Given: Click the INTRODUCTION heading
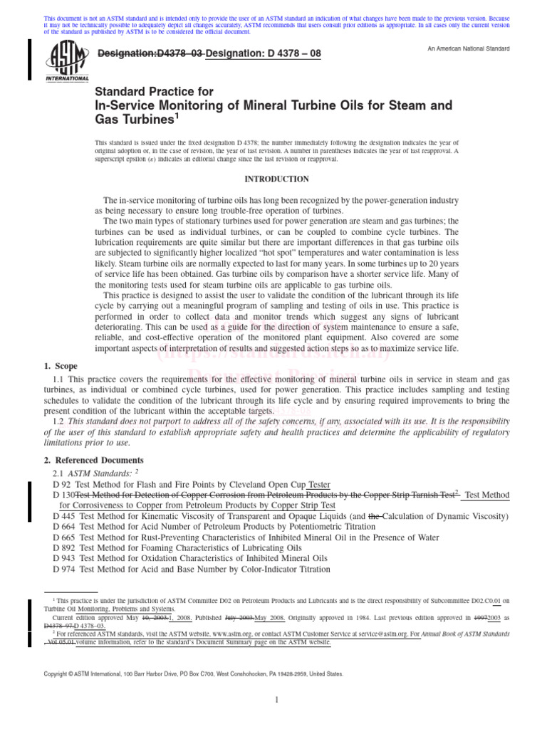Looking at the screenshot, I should [277, 179].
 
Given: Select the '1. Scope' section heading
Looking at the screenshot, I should [61, 366].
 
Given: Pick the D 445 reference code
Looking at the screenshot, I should [65, 515].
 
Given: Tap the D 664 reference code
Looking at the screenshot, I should [65, 526].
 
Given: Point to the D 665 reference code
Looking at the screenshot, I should [65, 537].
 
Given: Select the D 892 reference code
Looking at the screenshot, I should [65, 548].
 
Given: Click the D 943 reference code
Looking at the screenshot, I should [65, 559].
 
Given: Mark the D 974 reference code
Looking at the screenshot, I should [65, 570].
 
